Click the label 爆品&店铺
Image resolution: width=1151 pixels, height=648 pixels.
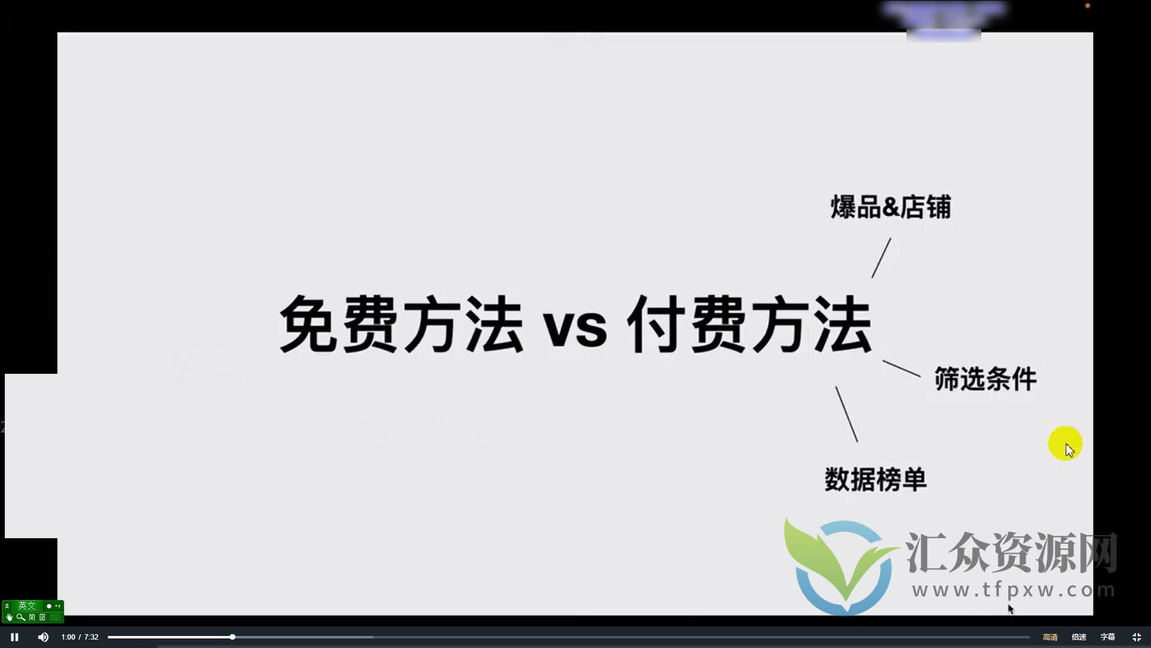890,207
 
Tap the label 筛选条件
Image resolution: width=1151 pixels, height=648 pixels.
985,379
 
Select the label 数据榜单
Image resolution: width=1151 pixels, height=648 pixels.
875,479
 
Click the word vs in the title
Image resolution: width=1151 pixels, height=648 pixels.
575,328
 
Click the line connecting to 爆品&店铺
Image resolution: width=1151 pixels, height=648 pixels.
881,257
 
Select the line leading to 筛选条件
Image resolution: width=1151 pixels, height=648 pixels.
901,368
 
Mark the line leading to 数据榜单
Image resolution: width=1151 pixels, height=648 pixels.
846,414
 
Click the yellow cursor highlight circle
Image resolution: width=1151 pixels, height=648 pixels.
1065,443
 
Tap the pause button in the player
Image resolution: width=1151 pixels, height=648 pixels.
14,637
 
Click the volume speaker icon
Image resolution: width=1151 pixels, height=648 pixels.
43,637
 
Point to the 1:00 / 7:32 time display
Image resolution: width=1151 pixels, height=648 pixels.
80,637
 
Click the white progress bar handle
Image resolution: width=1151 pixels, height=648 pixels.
232,637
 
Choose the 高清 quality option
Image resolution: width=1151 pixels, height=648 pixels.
1050,637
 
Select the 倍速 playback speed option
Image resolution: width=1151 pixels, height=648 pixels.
1078,637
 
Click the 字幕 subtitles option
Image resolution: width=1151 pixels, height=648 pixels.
1107,637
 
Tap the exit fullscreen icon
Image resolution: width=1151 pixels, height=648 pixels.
1136,637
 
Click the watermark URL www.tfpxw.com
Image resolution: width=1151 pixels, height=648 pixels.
1013,590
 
